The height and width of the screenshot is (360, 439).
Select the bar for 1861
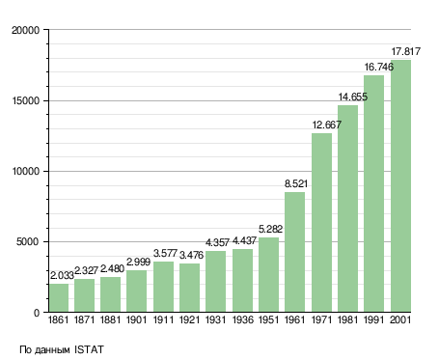(x=59, y=297)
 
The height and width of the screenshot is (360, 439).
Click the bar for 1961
(x=294, y=252)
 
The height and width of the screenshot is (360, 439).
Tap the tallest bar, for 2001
(x=400, y=186)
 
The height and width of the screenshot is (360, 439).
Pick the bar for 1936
(x=242, y=281)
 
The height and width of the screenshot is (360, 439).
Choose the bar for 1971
(x=321, y=223)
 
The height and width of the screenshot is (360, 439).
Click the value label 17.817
(x=405, y=51)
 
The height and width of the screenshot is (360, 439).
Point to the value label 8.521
(x=296, y=183)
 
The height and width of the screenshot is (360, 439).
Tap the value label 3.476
(x=191, y=255)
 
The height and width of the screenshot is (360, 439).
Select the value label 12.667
(x=327, y=125)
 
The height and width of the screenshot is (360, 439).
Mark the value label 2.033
(x=62, y=276)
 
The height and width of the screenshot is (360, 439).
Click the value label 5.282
(x=270, y=229)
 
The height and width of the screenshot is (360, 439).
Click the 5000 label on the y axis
(x=28, y=241)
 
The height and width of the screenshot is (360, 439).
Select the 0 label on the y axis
(x=37, y=313)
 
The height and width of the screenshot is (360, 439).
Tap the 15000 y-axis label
(x=25, y=100)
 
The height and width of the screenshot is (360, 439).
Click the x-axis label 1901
(x=136, y=319)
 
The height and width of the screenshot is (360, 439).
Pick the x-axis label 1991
(x=374, y=319)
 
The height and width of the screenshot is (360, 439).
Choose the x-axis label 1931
(x=215, y=319)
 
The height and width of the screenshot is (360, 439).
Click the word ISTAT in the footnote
(x=89, y=349)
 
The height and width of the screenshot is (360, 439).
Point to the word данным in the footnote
(x=51, y=350)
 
